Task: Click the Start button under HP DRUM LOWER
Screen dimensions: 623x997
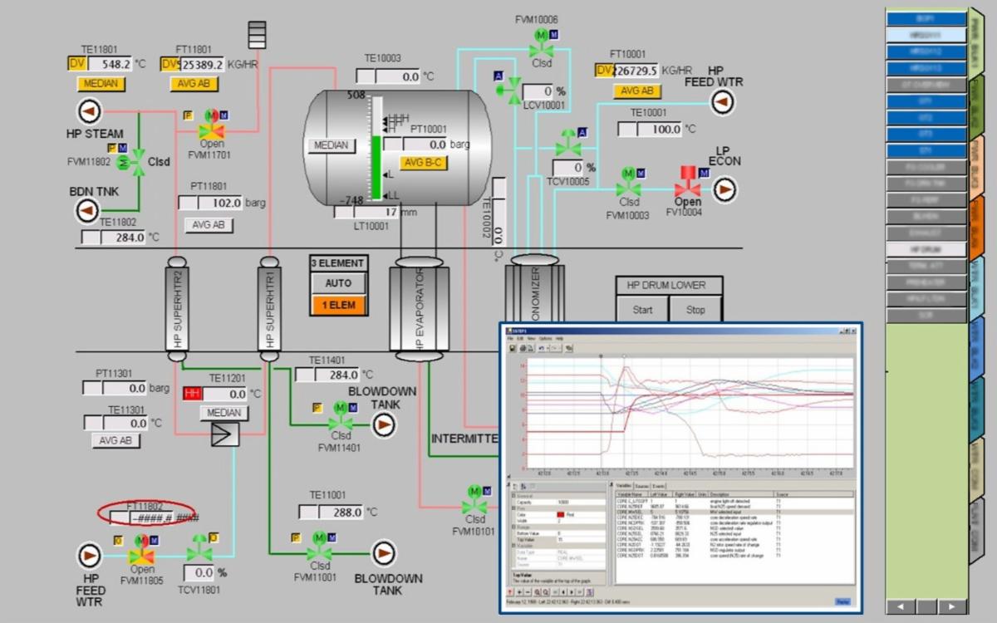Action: [x=642, y=310]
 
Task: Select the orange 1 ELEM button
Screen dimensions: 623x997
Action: [x=338, y=305]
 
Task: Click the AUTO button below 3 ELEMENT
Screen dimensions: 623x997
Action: [x=338, y=283]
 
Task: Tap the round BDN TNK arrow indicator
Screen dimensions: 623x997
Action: [x=88, y=211]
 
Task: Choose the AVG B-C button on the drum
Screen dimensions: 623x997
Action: [x=424, y=163]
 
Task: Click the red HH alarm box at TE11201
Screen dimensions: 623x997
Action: [x=193, y=394]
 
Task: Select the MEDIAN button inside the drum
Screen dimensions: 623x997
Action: [x=331, y=145]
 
